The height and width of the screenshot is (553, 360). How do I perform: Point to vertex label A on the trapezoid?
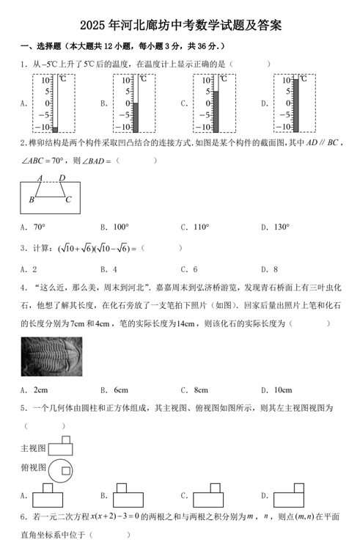40,178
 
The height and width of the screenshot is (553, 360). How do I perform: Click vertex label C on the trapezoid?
68,199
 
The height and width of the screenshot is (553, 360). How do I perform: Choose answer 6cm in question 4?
121,389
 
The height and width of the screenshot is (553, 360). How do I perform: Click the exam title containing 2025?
180,25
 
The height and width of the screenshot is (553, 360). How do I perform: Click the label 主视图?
33,447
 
